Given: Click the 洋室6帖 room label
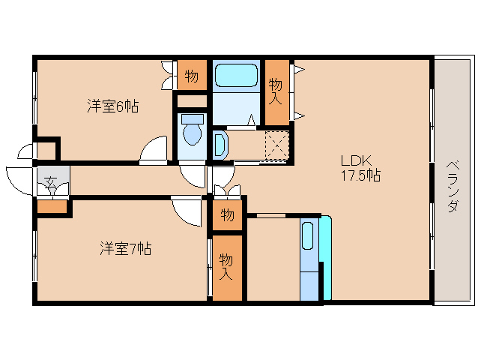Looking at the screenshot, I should pos(112,106).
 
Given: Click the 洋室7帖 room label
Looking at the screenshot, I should pos(125,248).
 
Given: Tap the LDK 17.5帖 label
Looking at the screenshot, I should pos(360,168).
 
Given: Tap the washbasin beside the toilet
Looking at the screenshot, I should pos(220,143).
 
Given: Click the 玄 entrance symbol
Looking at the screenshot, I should pos(51,181).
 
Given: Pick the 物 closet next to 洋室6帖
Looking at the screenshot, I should pos(191,75).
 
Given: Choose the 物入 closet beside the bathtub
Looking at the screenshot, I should pos(276,89).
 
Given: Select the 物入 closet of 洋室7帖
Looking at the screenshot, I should pos(227,267).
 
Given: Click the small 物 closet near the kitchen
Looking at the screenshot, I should pos(227,215).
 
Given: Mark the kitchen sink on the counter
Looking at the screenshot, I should pos(308,235).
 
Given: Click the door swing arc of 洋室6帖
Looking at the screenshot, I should pos(154,150).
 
